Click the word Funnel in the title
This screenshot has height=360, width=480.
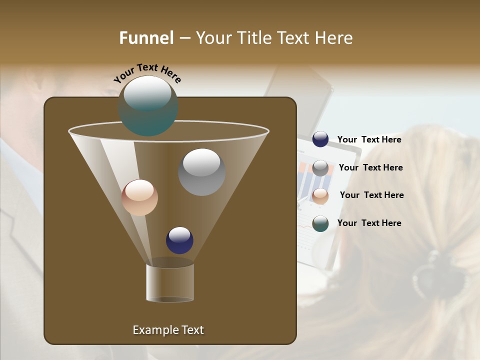pyautogui.click(x=146, y=38)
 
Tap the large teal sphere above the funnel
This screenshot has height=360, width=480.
pyautogui.click(x=148, y=106)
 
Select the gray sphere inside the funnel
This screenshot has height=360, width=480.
pyautogui.click(x=201, y=172)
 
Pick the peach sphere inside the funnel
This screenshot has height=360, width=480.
pyautogui.click(x=139, y=197)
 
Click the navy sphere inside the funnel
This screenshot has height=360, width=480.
pyautogui.click(x=179, y=240)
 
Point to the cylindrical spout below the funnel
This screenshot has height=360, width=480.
pyautogui.click(x=170, y=283)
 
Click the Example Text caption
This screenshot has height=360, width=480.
pyautogui.click(x=168, y=330)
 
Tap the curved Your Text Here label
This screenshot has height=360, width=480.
pyautogui.click(x=147, y=72)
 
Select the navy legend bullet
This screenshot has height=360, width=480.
pyautogui.click(x=320, y=139)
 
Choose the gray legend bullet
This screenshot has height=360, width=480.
pyautogui.click(x=320, y=167)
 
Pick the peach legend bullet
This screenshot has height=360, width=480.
pyautogui.click(x=320, y=195)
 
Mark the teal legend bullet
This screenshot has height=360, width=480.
pyautogui.click(x=320, y=223)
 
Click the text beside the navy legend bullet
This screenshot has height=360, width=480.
pyautogui.click(x=369, y=139)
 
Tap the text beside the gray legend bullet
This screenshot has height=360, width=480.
pyautogui.click(x=370, y=167)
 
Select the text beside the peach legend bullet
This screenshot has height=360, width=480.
pyautogui.click(x=371, y=195)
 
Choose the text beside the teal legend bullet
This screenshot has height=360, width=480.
pyautogui.click(x=369, y=223)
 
